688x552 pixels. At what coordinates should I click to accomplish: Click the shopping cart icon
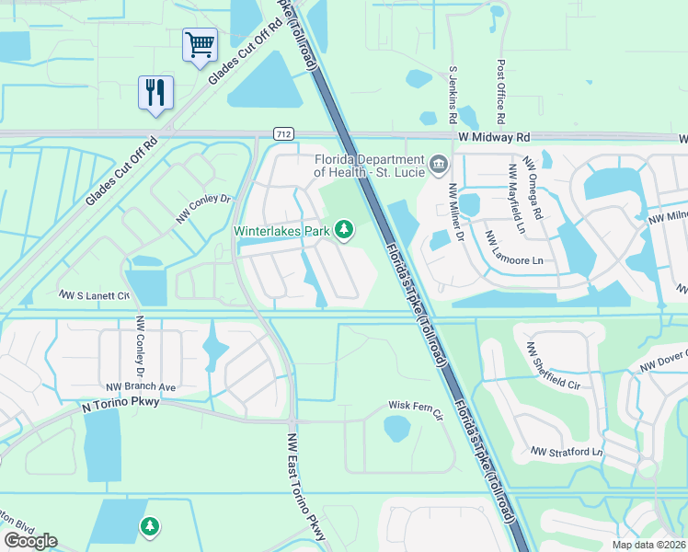[200, 44]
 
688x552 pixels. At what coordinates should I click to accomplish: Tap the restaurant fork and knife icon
[155, 92]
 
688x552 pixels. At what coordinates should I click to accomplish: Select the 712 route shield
[283, 134]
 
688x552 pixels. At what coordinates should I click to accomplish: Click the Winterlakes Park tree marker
[345, 229]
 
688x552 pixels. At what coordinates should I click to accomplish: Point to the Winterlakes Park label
[281, 232]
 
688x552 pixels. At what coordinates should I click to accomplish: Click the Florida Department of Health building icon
[439, 165]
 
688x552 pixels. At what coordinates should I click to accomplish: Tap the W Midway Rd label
[498, 137]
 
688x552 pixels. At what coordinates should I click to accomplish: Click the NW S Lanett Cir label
[95, 295]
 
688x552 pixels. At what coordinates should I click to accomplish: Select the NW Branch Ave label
[140, 387]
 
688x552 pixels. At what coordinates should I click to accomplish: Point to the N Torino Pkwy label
[121, 402]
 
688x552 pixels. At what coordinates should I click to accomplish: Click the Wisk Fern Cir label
[416, 405]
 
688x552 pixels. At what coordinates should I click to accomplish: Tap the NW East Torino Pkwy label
[306, 487]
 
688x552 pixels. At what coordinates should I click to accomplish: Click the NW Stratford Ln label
[566, 452]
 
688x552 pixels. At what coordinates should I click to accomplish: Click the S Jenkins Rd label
[453, 95]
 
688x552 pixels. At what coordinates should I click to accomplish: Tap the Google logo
[30, 541]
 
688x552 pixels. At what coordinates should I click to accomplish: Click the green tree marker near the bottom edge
[149, 526]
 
